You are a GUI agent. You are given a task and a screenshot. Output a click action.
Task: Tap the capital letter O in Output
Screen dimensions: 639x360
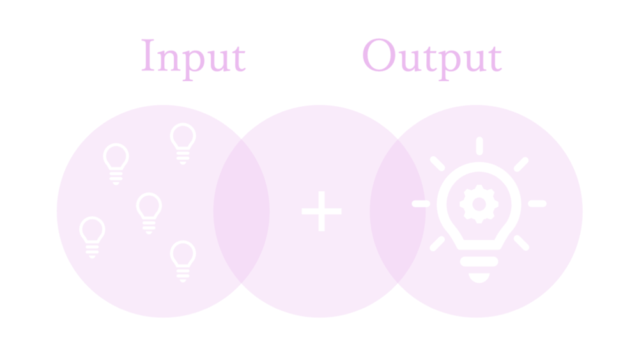click(379, 55)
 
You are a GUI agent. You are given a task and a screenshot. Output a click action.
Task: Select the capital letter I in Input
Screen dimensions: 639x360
click(148, 55)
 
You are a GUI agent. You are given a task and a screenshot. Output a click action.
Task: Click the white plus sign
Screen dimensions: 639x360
click(321, 211)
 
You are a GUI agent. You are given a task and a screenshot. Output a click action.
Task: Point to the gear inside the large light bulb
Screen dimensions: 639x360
click(479, 204)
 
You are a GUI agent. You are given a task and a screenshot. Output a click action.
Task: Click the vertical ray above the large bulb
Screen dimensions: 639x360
click(480, 146)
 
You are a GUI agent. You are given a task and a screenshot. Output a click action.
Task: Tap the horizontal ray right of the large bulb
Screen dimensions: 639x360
click(537, 203)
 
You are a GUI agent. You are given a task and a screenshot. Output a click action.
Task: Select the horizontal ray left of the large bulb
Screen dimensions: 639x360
click(421, 203)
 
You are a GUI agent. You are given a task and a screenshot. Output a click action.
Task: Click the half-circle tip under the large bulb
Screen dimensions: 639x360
click(479, 278)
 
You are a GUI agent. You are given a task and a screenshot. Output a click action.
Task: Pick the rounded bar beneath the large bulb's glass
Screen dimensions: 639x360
click(479, 262)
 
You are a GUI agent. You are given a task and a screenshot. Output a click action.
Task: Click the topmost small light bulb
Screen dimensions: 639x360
click(183, 143)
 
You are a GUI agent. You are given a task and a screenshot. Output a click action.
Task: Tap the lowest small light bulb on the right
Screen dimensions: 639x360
click(183, 261)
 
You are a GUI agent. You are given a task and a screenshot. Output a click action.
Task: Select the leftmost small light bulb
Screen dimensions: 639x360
click(92, 237)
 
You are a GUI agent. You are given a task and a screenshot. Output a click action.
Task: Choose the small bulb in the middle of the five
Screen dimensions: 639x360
click(149, 213)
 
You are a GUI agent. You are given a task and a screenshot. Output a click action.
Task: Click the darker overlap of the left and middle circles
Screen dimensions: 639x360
click(242, 211)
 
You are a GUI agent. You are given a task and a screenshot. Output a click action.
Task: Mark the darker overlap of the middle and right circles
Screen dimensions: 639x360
click(397, 211)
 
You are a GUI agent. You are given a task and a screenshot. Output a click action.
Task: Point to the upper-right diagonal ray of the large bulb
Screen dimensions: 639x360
click(521, 164)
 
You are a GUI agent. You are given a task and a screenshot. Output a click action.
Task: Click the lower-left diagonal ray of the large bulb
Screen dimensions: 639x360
click(437, 244)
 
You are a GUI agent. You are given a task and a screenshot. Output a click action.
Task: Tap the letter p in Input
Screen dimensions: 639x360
click(193, 65)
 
